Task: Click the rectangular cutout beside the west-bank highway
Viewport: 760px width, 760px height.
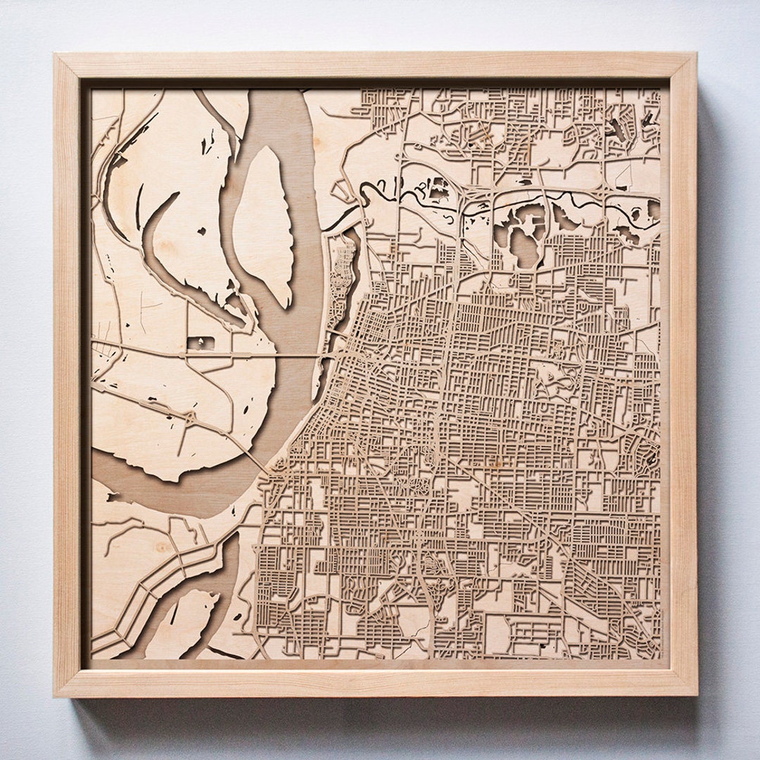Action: click(x=199, y=343)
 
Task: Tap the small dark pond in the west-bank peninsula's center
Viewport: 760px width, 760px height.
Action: click(x=201, y=230)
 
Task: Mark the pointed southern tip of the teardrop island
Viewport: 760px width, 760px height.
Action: click(x=286, y=304)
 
